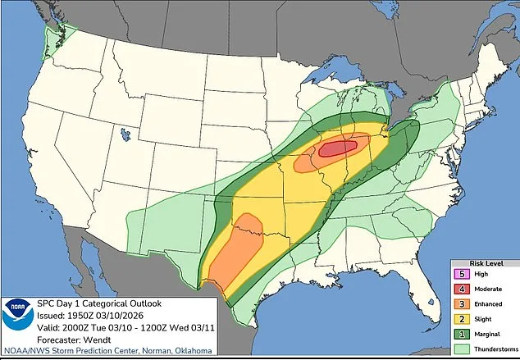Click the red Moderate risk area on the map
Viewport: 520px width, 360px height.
[x=338, y=148]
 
